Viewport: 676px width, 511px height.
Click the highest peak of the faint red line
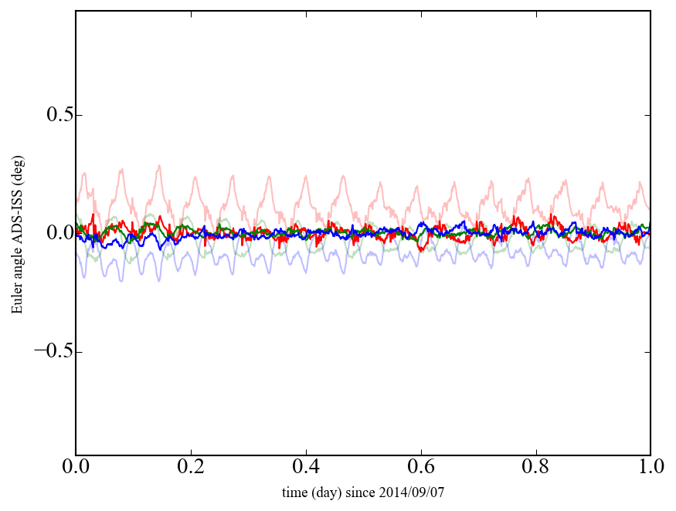coord(159,165)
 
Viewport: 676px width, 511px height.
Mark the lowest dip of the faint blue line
coord(121,281)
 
